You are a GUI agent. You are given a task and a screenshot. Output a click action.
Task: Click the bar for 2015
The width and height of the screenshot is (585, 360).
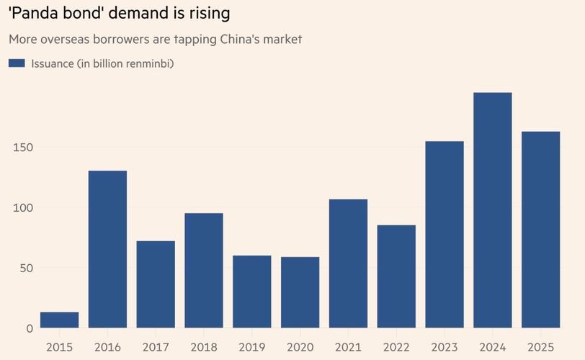pos(59,320)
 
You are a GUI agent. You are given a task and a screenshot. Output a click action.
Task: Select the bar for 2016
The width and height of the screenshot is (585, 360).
pos(107,249)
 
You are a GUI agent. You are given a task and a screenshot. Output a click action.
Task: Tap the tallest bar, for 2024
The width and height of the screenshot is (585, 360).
pos(493,210)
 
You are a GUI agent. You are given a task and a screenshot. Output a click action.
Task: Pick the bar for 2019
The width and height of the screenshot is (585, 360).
pos(252,292)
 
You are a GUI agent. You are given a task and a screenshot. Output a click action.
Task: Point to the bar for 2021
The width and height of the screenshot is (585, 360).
pos(348,264)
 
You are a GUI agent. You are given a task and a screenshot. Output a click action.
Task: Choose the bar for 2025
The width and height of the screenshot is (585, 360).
pos(540,230)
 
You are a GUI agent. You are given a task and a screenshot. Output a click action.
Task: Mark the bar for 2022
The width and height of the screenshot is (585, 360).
pos(396,276)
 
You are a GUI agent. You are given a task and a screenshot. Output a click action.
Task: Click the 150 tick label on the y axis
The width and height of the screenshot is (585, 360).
pos(23,148)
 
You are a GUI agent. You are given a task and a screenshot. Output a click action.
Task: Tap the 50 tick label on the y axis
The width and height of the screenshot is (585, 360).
pos(27,268)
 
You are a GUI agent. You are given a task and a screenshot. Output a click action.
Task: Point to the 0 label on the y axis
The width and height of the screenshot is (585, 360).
pos(30,329)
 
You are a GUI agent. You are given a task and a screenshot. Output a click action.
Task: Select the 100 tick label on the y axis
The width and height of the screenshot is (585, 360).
pos(23,208)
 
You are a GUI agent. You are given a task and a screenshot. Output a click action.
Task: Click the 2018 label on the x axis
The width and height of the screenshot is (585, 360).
pos(204,347)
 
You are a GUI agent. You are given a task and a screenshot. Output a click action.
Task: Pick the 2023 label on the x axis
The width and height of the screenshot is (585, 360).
pos(445,347)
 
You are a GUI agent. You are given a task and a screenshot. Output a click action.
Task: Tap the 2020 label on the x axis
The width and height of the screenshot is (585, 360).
pos(300,347)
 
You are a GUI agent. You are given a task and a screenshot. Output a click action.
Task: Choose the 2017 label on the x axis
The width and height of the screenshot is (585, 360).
pos(156,347)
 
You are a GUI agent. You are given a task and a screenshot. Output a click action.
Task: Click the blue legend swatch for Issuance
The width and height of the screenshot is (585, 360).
pos(17,63)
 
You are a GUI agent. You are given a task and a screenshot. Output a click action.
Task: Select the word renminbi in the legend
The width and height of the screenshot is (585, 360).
pos(150,64)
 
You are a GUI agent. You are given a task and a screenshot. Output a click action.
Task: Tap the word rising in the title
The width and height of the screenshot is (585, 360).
pos(210,14)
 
